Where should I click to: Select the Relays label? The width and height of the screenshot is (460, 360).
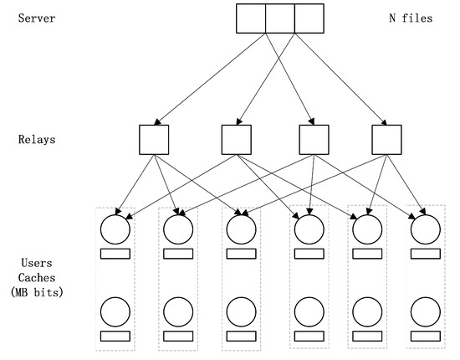(x=36, y=139)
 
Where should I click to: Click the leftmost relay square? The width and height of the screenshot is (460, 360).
(x=155, y=139)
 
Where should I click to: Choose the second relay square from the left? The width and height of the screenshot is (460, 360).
(x=237, y=139)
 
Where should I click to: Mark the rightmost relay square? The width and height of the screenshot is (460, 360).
(x=386, y=139)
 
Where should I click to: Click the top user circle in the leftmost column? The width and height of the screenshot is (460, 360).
(x=115, y=229)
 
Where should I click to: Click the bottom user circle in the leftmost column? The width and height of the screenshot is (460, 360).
(x=115, y=312)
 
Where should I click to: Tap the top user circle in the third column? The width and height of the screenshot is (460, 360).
(x=241, y=229)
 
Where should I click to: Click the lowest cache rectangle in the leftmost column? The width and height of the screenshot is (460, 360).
(x=115, y=336)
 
